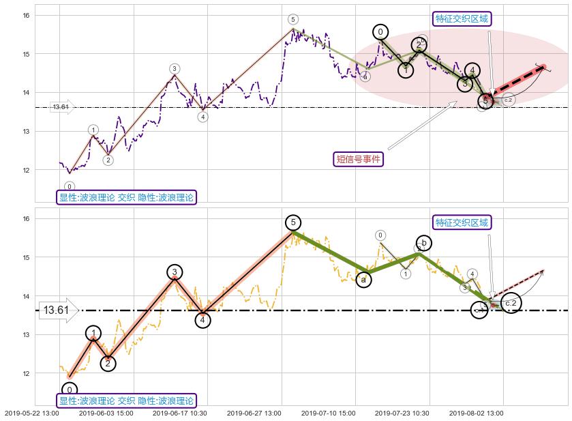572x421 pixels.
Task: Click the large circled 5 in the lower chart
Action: tap(292, 222)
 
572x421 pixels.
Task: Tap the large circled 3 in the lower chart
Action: tap(175, 272)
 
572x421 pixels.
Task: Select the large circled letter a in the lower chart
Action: tap(364, 279)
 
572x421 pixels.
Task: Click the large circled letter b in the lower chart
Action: tap(423, 243)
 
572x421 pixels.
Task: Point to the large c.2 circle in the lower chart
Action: tap(511, 303)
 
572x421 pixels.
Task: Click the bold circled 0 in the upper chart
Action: tap(380, 32)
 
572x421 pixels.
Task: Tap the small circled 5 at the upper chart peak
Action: tap(292, 20)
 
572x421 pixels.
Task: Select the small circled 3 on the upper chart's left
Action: tap(175, 69)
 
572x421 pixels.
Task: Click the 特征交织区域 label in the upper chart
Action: tap(462, 18)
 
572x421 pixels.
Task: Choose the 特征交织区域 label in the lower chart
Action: tap(462, 222)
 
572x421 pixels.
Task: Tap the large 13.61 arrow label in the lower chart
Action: tap(57, 310)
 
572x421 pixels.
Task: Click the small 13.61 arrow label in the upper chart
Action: tap(61, 107)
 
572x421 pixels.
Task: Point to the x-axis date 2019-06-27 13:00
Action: tap(254, 413)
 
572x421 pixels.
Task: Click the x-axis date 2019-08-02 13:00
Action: tap(475, 413)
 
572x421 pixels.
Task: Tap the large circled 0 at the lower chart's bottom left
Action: tap(70, 390)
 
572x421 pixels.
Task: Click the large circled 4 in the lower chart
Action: tap(202, 319)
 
